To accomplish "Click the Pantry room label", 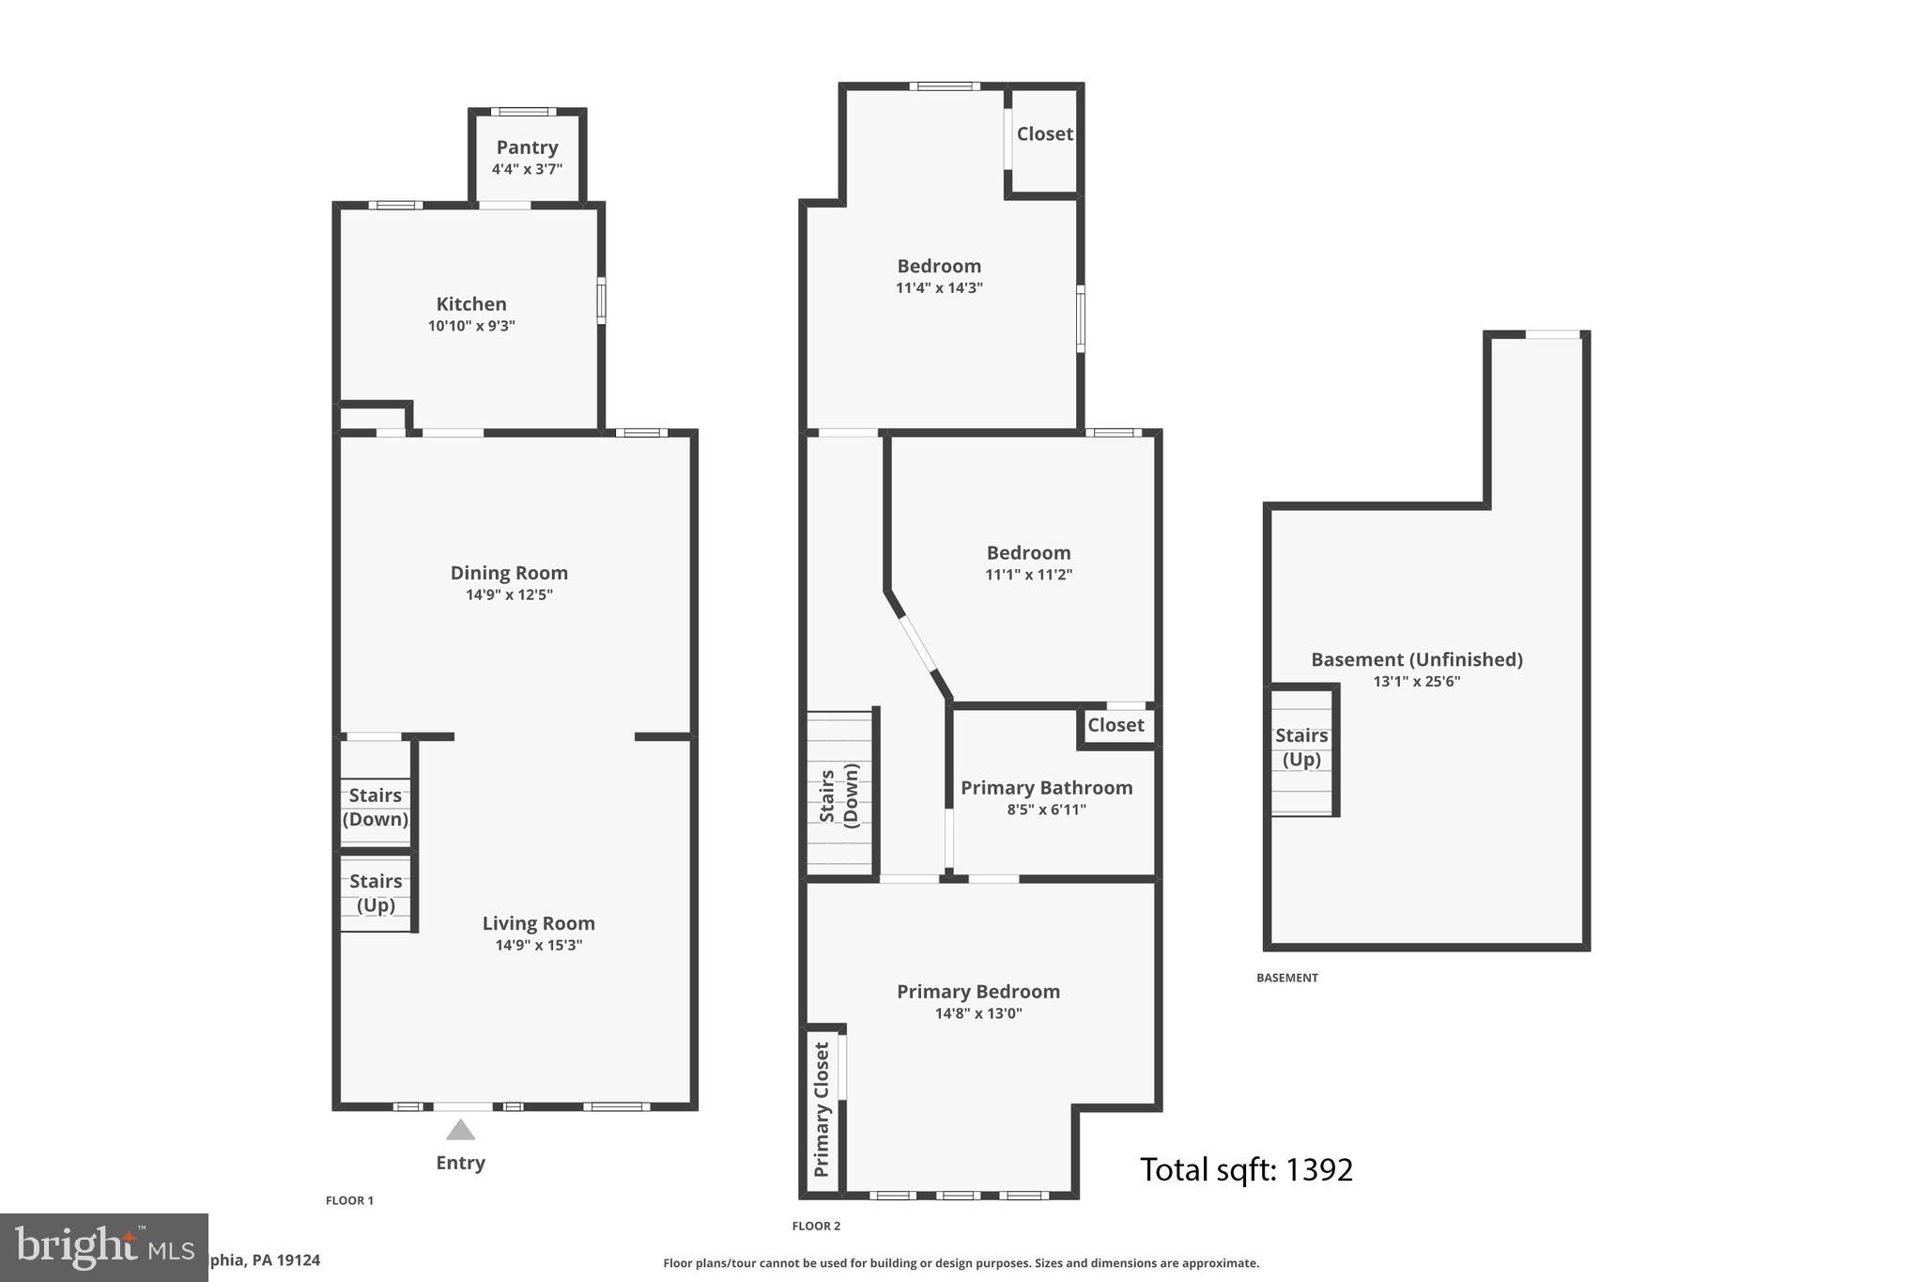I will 527,147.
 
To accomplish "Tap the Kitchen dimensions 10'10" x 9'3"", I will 471,326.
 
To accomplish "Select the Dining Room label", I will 509,573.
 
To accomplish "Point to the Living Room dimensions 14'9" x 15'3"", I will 538,945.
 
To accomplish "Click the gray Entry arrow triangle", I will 460,1130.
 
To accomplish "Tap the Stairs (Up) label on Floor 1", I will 376,893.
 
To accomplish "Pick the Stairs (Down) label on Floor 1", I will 376,807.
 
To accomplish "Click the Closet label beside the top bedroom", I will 1044,134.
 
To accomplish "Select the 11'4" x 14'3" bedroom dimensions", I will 939,288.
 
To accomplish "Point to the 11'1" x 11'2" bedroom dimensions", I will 1028,575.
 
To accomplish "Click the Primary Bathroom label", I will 1046,788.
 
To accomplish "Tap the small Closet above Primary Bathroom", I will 1115,725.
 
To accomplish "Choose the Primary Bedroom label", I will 977,992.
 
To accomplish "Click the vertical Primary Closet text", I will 822,1109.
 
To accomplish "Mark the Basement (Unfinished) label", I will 1416,660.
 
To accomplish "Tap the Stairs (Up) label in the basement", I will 1301,748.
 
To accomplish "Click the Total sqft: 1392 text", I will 1246,1170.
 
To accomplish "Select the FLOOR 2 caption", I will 816,1226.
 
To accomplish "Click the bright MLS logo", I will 103,1247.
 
